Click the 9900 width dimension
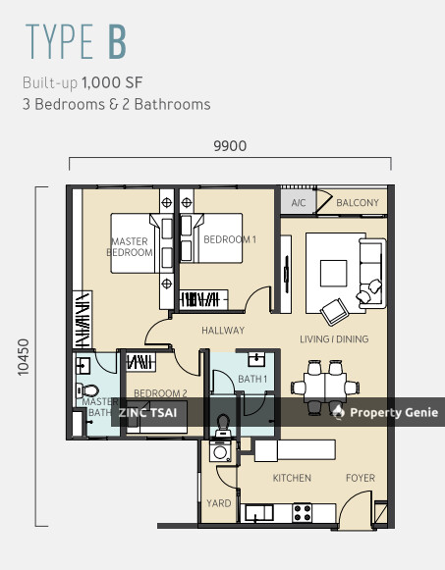(230, 146)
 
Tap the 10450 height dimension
(24, 357)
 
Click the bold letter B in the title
(117, 41)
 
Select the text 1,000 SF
(112, 82)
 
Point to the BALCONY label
(358, 202)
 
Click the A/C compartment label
(299, 202)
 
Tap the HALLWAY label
(223, 331)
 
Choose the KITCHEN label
(292, 478)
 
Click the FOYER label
(361, 478)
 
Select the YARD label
(219, 503)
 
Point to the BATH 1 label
(252, 379)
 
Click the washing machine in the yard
(220, 451)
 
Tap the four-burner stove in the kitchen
(303, 512)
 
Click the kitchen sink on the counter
(259, 513)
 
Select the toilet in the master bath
(87, 391)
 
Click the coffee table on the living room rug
(333, 274)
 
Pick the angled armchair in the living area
(334, 312)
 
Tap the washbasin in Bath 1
(256, 359)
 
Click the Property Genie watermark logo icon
(338, 412)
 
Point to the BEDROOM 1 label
(230, 239)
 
